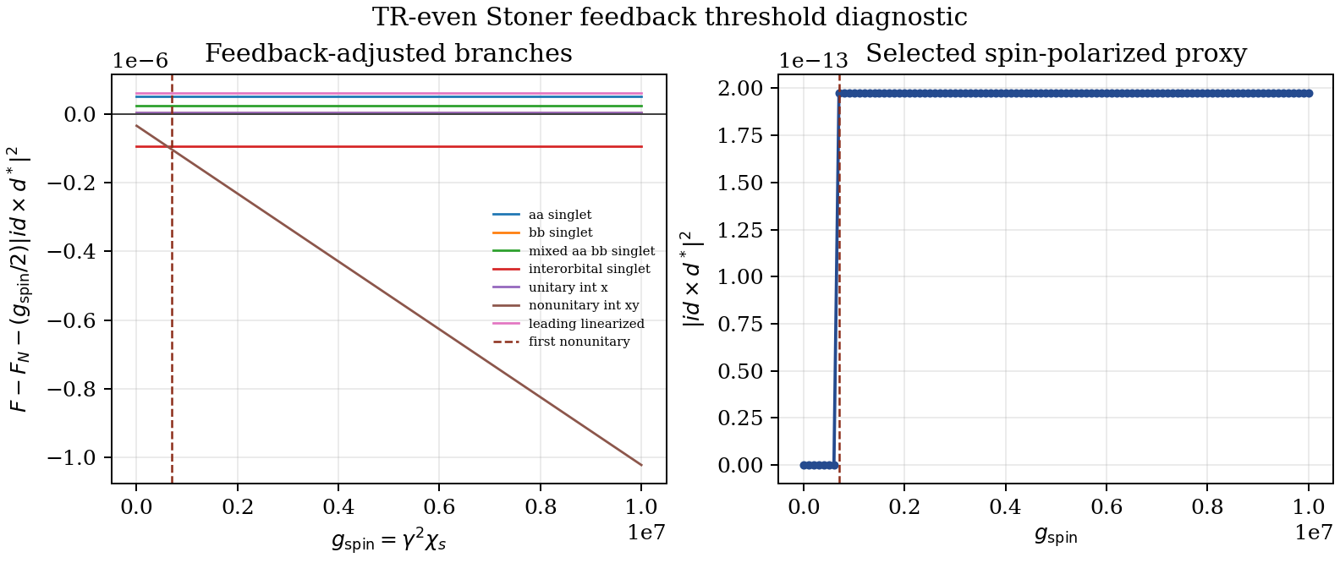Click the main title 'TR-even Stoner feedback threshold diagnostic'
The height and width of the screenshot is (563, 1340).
pos(669,17)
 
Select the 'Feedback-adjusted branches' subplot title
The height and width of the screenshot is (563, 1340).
pos(389,53)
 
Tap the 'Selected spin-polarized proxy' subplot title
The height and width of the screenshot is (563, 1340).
pos(1057,53)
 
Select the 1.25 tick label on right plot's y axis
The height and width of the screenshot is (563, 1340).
pos(740,230)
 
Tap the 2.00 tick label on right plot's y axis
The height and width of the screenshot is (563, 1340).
pos(740,89)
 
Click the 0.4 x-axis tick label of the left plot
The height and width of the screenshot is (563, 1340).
pos(338,507)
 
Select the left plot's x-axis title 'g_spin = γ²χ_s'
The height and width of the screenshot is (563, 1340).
pos(389,541)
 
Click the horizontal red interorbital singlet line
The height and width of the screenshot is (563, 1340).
pos(389,146)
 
